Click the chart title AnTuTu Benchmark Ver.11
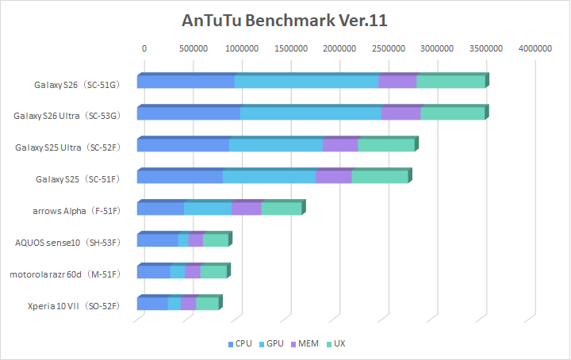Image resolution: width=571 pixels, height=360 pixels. [x=285, y=20]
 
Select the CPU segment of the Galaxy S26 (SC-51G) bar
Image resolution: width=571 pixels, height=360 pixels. [x=186, y=82]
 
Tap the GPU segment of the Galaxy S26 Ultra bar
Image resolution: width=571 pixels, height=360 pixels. [x=310, y=113]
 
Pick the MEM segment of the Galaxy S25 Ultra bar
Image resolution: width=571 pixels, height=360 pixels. [x=340, y=145]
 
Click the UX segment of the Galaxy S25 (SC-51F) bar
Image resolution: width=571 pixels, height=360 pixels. [x=379, y=177]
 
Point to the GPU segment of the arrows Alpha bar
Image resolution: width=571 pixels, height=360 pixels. [x=208, y=209]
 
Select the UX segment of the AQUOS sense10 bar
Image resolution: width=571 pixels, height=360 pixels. [x=215, y=240]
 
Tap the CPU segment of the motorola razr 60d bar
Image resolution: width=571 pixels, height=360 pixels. [x=153, y=272]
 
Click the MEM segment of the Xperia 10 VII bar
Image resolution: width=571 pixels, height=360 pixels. [x=188, y=304]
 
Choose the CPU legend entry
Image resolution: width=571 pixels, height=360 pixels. [x=240, y=344]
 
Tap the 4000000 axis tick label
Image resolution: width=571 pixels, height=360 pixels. [x=535, y=48]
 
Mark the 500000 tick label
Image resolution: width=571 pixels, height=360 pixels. [x=193, y=48]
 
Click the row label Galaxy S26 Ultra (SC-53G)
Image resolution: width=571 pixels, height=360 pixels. [x=67, y=116]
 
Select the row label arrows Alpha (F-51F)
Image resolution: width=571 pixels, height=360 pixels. [x=76, y=211]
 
